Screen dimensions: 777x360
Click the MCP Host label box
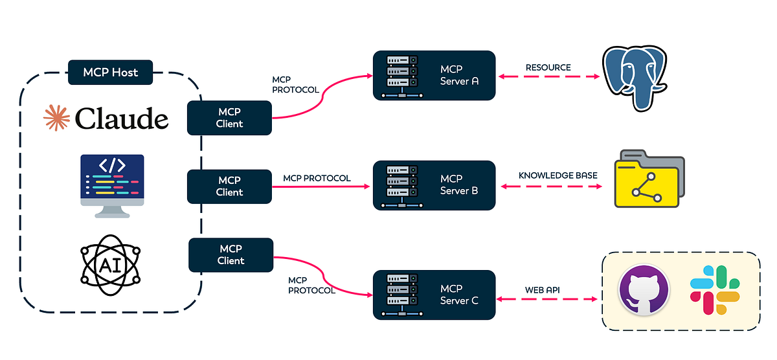point(110,72)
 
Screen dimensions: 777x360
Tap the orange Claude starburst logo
point(56,118)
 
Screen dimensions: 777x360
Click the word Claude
point(122,118)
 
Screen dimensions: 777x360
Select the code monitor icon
point(112,186)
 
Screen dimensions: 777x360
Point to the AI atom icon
point(110,265)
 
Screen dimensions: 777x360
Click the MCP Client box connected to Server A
point(229,118)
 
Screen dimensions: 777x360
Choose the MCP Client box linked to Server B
point(229,186)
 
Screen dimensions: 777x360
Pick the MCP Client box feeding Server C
point(231,255)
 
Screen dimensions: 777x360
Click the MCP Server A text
point(459,75)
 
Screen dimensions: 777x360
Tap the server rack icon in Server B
point(401,186)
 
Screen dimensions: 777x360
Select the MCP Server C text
point(459,295)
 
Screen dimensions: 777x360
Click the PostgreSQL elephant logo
point(635,78)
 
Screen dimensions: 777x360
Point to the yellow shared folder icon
point(649,179)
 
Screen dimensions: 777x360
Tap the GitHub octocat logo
point(644,290)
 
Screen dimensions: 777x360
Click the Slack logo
point(715,290)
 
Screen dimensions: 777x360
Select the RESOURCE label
point(548,67)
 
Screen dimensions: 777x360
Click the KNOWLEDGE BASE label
point(557,175)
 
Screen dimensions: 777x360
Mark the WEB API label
point(542,290)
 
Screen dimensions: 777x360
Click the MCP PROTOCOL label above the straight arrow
point(317,178)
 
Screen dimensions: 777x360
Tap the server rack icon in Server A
point(401,76)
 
